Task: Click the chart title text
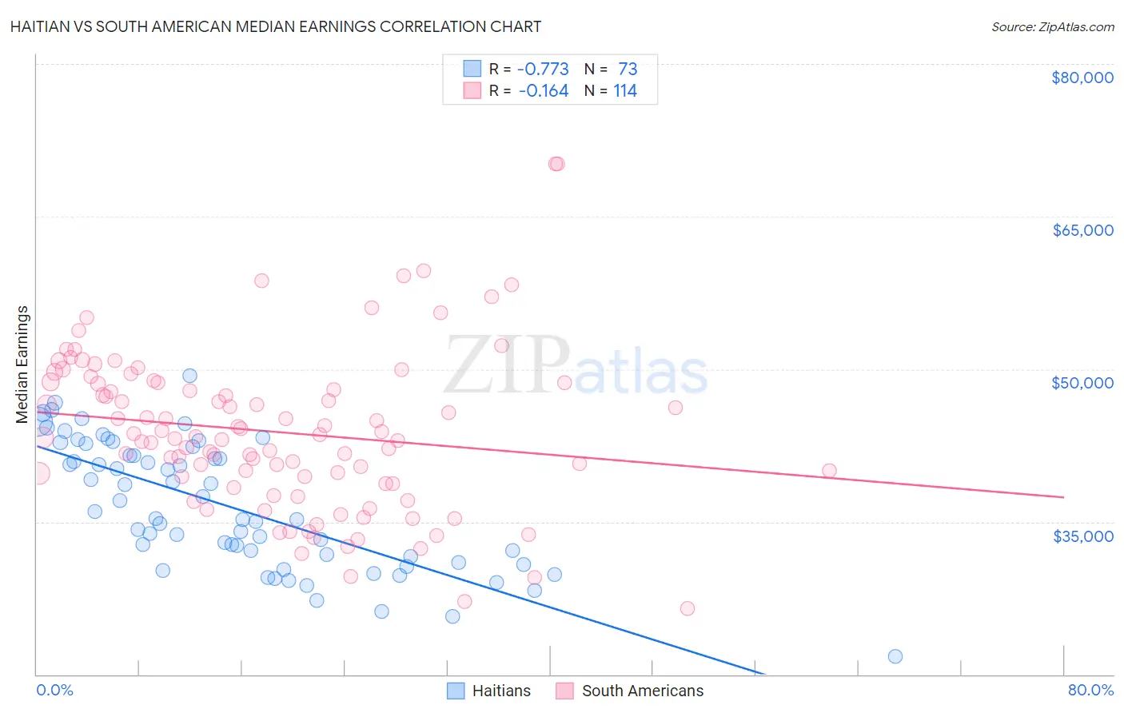pos(276,26)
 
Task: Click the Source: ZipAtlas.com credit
pos(1052,26)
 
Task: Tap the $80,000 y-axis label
pos(1082,78)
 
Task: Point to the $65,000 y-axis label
pos(1082,230)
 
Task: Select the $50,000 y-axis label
pos(1082,383)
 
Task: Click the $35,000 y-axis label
pos(1082,536)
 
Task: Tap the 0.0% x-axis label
pos(54,690)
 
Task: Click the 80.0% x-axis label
pos(1090,690)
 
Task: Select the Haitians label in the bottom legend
pos(501,691)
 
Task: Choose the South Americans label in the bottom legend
pos(643,691)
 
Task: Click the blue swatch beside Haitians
pos(456,691)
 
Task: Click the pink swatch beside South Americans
pos(565,691)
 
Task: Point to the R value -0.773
pos(543,69)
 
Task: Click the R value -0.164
pos(543,90)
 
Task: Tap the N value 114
pos(625,90)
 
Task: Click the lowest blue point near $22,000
pos(895,656)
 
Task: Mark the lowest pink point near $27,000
pos(687,608)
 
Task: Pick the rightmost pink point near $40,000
pos(829,471)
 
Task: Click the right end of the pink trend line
pos(1063,497)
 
